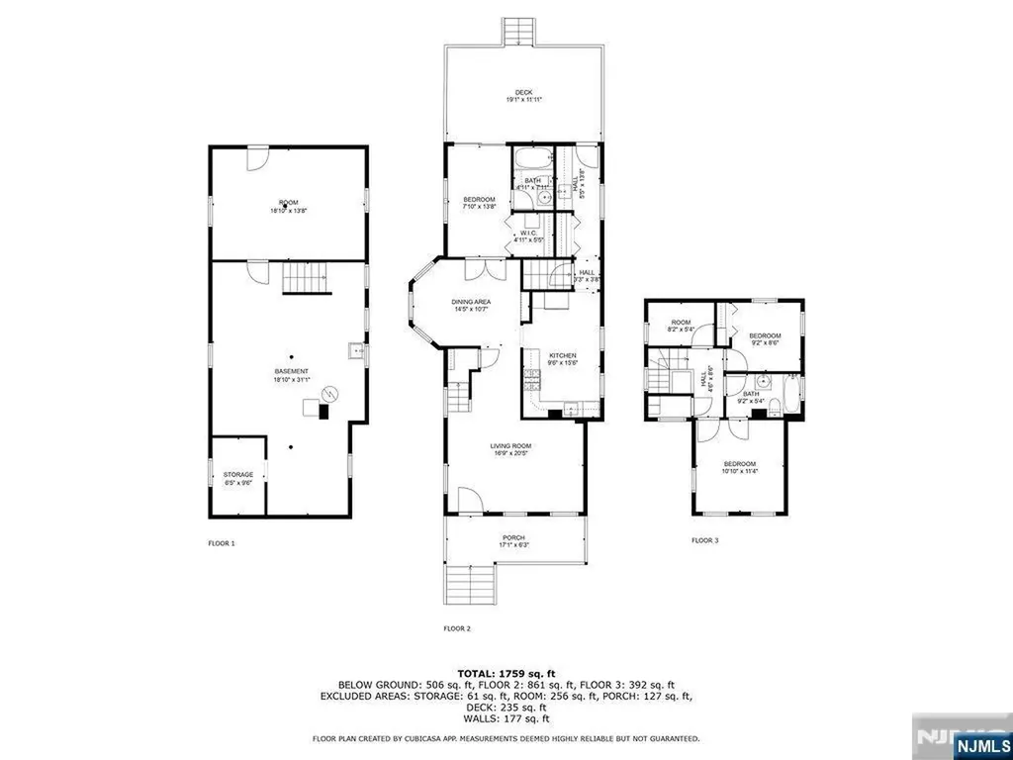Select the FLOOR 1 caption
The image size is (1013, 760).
pyautogui.click(x=222, y=542)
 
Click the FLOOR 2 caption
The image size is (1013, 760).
pyautogui.click(x=456, y=628)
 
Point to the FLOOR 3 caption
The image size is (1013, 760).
pyautogui.click(x=705, y=540)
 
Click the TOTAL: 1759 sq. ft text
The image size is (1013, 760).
pyautogui.click(x=506, y=672)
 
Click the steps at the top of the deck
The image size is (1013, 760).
pyautogui.click(x=515, y=32)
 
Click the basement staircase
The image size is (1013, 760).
pyautogui.click(x=302, y=279)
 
